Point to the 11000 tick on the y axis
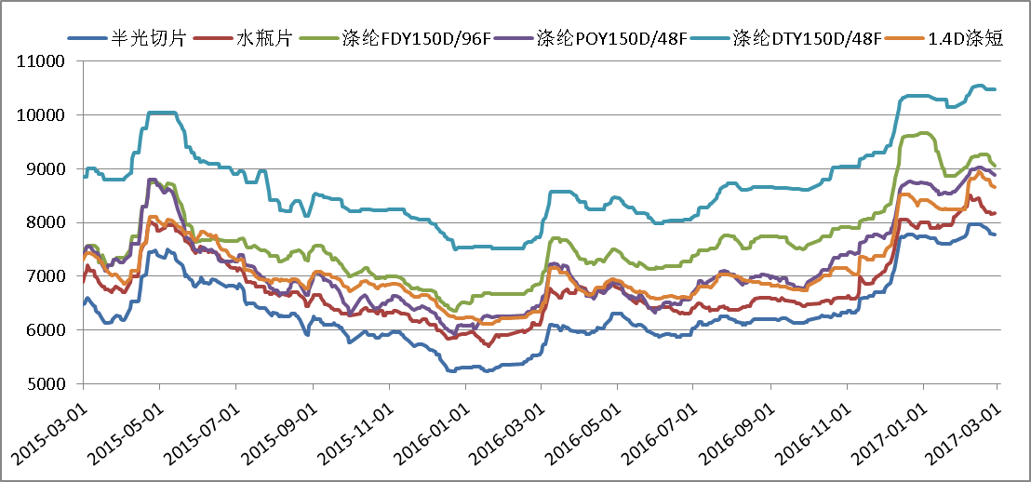pyautogui.click(x=42, y=61)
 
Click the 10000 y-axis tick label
pyautogui.click(x=42, y=115)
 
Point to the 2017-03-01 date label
pyautogui.click(x=963, y=429)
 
